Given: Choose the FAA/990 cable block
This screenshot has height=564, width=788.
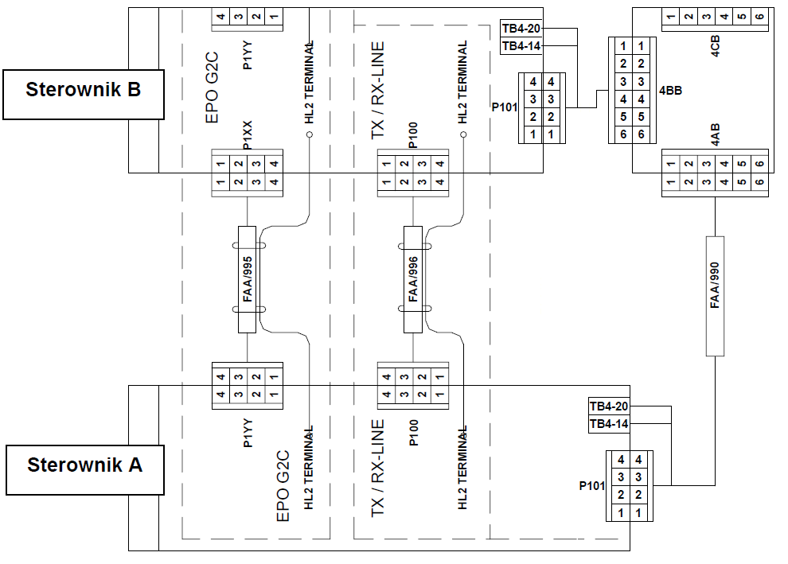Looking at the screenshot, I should click(x=715, y=295).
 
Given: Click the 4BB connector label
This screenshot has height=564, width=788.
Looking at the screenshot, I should click(x=670, y=91).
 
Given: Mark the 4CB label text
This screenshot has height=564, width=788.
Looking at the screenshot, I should click(x=716, y=48).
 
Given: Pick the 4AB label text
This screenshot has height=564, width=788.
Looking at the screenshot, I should click(x=716, y=136).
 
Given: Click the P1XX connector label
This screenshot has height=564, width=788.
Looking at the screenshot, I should click(x=248, y=135).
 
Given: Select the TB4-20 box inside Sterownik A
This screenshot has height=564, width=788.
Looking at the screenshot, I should click(x=609, y=406).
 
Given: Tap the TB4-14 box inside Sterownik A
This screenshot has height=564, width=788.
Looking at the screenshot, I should click(x=609, y=424).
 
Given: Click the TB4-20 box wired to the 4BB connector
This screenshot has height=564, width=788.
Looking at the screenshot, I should click(x=521, y=29).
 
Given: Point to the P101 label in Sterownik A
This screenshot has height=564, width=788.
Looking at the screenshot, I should click(x=592, y=485).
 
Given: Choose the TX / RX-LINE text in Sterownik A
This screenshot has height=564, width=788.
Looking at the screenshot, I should click(x=378, y=469).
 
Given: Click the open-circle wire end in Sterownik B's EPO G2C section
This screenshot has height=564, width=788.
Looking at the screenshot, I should click(x=309, y=135).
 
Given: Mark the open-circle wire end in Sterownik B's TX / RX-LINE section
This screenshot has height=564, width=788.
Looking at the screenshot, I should click(x=462, y=135).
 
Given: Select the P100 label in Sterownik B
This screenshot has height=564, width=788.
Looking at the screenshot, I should click(x=412, y=135).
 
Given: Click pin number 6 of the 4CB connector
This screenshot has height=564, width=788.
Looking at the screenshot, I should click(x=759, y=18).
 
